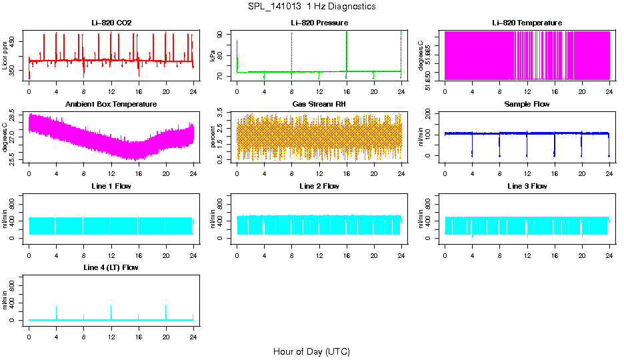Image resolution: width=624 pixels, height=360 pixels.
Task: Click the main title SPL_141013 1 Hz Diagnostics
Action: [311, 7]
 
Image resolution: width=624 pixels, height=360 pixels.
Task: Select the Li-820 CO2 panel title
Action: [111, 23]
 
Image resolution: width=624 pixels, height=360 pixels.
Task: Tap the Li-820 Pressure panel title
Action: [319, 23]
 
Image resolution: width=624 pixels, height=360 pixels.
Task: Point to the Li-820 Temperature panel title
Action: [527, 23]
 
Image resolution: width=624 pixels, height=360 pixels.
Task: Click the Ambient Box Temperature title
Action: [111, 104]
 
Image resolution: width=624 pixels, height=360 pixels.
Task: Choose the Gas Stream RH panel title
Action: [319, 104]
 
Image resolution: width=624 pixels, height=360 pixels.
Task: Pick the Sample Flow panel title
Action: [527, 104]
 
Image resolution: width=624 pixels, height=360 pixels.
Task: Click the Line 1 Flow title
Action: [111, 186]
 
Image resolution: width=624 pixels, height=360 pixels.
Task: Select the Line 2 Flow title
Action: [319, 186]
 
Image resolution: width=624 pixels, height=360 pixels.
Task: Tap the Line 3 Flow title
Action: [527, 186]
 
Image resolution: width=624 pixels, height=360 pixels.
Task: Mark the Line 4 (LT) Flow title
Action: [111, 267]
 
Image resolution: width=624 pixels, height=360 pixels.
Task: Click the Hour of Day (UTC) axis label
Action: [311, 351]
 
